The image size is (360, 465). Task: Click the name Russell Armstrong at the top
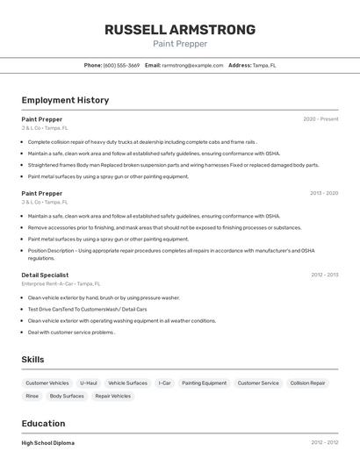(x=180, y=29)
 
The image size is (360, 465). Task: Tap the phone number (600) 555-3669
(x=121, y=65)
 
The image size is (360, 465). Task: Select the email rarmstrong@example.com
(x=191, y=65)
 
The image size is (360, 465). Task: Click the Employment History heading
(x=65, y=100)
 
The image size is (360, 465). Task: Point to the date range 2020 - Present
(x=320, y=118)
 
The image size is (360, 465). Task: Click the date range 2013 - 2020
(x=323, y=193)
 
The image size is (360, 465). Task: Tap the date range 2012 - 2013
(x=324, y=275)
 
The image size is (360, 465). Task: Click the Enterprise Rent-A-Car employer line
(x=61, y=283)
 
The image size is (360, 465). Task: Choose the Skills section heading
(x=32, y=359)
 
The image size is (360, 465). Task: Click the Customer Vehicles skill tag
(x=47, y=383)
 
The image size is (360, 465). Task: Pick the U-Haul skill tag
(x=89, y=383)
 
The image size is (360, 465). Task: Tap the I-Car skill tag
(x=164, y=383)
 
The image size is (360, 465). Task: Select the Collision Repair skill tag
(x=307, y=383)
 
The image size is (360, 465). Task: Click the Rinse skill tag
(x=32, y=396)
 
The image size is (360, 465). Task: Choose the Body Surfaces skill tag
(x=67, y=396)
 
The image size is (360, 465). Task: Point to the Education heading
(x=43, y=423)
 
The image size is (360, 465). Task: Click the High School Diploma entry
(x=48, y=443)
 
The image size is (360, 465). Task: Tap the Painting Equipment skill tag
(x=204, y=383)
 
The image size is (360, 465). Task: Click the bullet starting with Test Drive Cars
(x=87, y=309)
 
